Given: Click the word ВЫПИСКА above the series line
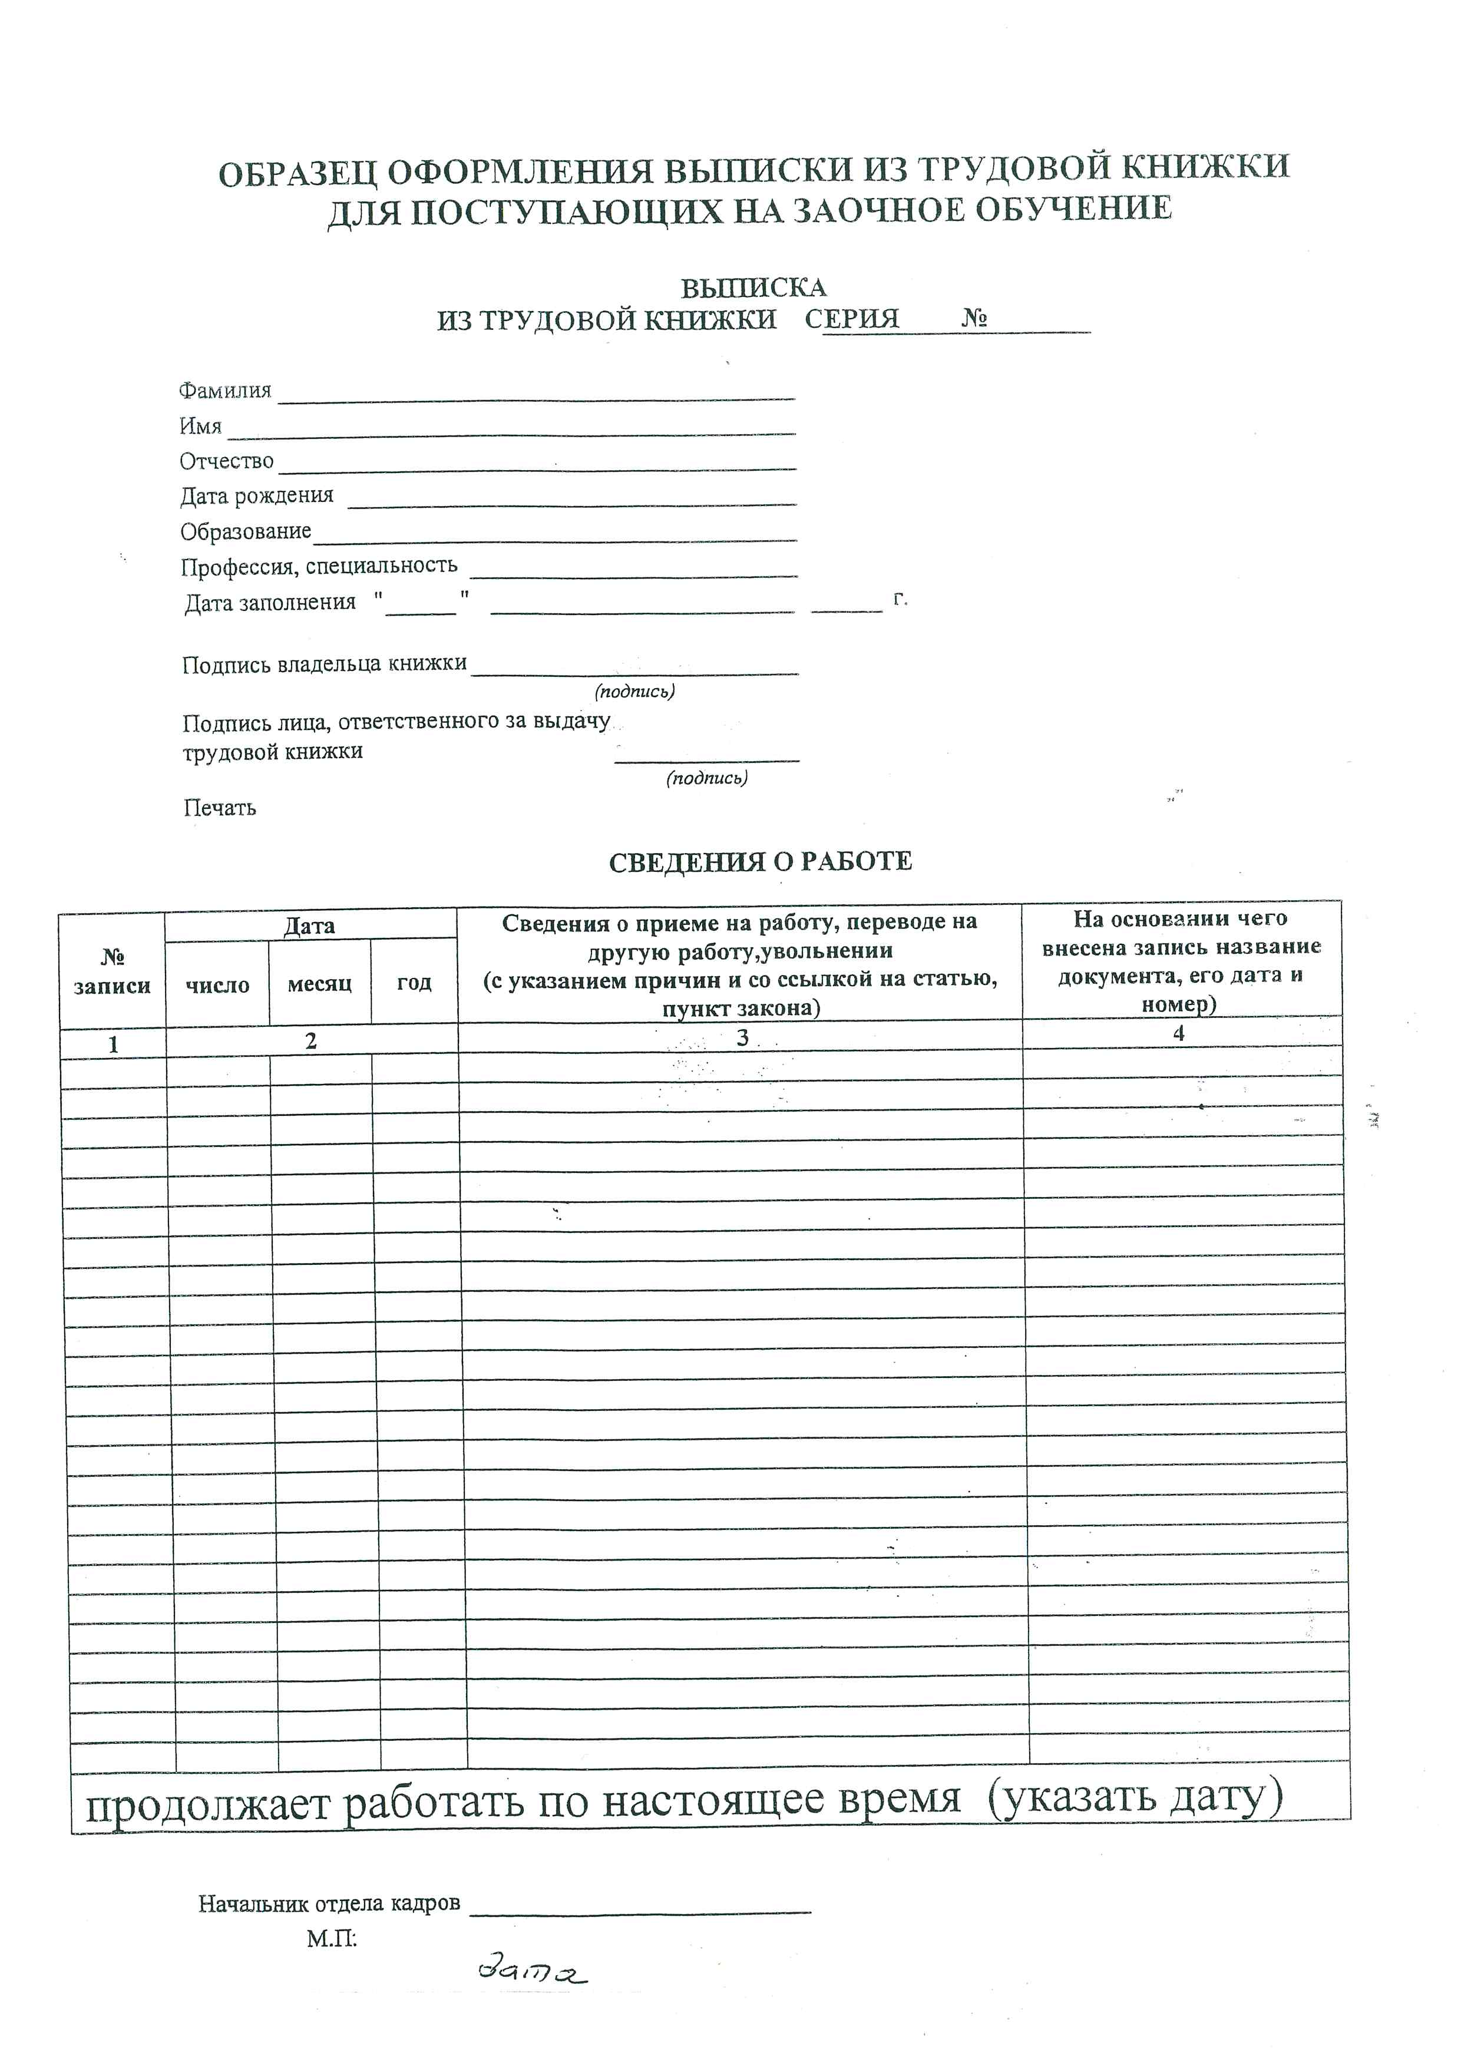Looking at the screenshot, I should [752, 288].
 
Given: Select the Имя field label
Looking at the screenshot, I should [200, 425].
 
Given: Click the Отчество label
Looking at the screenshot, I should [227, 461].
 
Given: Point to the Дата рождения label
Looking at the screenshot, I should [256, 496].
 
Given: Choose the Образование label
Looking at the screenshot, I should [246, 532].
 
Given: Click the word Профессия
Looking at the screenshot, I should [239, 567].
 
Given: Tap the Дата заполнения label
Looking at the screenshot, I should [270, 603].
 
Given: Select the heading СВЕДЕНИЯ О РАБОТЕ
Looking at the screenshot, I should [760, 862].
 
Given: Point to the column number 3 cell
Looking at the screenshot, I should [742, 1037].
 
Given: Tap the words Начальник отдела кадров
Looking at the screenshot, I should [329, 1904].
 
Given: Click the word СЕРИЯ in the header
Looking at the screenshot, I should [851, 319].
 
